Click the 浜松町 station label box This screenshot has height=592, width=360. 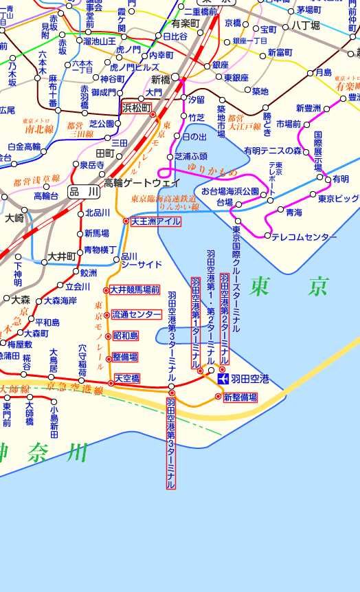tap(136, 107)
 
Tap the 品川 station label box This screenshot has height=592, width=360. tap(84, 193)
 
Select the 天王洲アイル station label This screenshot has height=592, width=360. tap(156, 221)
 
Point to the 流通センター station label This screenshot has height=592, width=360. tap(137, 314)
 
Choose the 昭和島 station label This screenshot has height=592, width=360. tap(126, 336)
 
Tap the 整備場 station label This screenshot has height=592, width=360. tap(124, 358)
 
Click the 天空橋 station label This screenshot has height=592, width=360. tap(127, 379)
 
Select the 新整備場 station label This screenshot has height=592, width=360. tap(240, 397)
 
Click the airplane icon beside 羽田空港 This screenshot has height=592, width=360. tap(223, 379)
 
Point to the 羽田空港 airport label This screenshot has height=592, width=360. tap(249, 379)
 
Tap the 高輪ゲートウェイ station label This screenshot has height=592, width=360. tap(142, 183)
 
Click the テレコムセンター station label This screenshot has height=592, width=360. tap(304, 237)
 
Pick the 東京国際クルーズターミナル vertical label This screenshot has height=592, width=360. tap(236, 274)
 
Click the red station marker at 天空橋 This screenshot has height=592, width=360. tap(111, 383)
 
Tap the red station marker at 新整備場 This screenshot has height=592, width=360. tap(218, 397)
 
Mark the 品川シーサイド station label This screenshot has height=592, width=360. tap(142, 260)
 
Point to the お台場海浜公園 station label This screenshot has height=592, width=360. tap(229, 190)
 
